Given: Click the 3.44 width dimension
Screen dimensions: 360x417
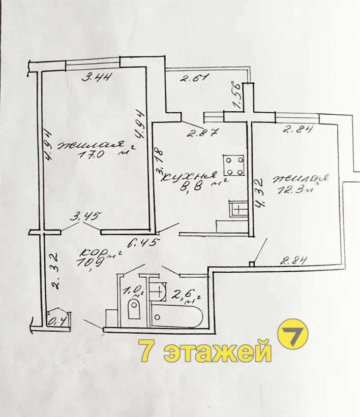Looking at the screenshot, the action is [x=96, y=77].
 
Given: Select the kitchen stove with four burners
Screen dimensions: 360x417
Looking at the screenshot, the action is [x=234, y=166].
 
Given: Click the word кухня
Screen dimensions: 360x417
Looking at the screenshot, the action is [x=189, y=177].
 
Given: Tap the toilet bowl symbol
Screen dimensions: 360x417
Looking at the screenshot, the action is [x=134, y=308].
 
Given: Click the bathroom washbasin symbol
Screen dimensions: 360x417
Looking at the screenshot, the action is [x=158, y=292].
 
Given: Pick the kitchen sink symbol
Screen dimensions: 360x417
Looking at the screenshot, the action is [x=238, y=209].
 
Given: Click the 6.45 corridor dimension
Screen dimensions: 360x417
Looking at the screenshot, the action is [x=143, y=243].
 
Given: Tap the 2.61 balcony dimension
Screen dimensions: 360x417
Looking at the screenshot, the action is [x=194, y=78].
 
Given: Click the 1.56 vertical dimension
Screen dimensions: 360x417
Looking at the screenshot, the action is [x=237, y=94].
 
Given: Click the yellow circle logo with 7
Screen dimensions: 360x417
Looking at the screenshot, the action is [x=293, y=334].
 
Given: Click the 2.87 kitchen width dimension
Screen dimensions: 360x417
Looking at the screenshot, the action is [x=203, y=132].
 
